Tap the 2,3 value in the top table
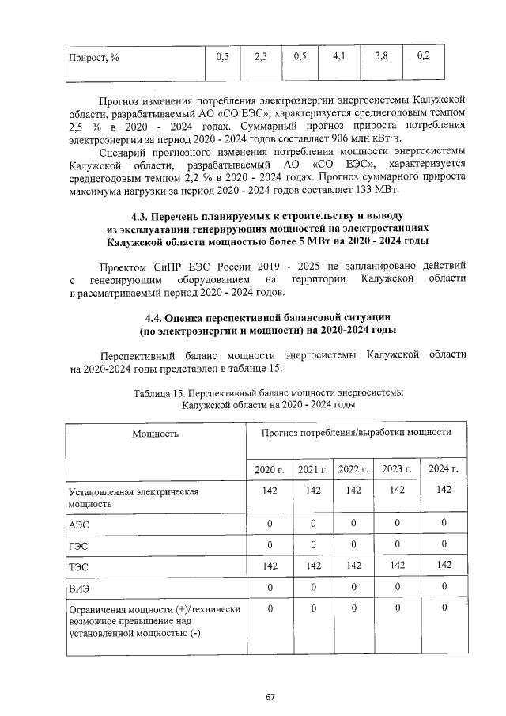[x=262, y=56]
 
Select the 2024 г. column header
[x=444, y=469]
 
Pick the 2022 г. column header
[x=353, y=469]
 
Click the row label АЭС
[x=79, y=524]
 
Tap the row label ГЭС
[x=79, y=545]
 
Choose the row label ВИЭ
[x=79, y=587]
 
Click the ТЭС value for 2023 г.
[x=398, y=565]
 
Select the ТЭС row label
[x=79, y=566]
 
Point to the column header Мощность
[x=155, y=434]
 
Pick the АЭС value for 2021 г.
[x=313, y=523]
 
